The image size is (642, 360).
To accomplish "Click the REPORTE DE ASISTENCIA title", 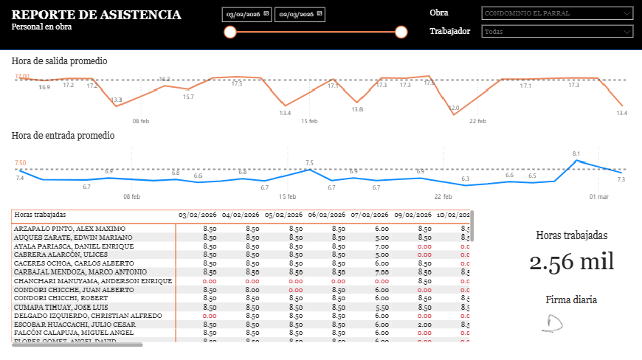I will pyautogui.click(x=97, y=15).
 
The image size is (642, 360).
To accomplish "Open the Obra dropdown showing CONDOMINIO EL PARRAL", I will pyautogui.click(x=556, y=13).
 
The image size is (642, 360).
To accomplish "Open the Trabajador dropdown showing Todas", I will pyautogui.click(x=556, y=32).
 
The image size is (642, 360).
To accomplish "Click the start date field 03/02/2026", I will pyautogui.click(x=246, y=15).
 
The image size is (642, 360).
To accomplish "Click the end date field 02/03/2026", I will pyautogui.click(x=299, y=15).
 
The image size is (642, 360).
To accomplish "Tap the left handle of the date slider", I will pyautogui.click(x=229, y=32).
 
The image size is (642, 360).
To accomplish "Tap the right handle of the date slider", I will pyautogui.click(x=401, y=32).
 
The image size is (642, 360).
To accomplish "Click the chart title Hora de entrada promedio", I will pyautogui.click(x=63, y=136).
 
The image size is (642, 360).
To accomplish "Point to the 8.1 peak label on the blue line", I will pyautogui.click(x=576, y=153).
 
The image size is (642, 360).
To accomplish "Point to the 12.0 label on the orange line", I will pyautogui.click(x=454, y=108).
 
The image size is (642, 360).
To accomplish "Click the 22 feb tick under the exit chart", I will pyautogui.click(x=477, y=121).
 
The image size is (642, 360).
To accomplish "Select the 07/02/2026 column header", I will pyautogui.click(x=370, y=215).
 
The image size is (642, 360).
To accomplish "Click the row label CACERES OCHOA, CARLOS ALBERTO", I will pyautogui.click(x=74, y=263).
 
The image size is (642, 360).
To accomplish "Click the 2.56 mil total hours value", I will pyautogui.click(x=572, y=262).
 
